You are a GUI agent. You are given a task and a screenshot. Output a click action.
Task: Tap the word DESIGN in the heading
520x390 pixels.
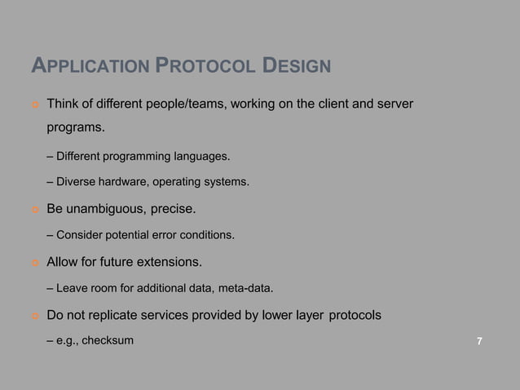pos(297,64)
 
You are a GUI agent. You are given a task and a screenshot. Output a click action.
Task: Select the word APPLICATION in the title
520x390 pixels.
pos(90,64)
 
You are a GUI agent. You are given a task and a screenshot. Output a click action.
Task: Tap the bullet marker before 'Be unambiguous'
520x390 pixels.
pos(35,210)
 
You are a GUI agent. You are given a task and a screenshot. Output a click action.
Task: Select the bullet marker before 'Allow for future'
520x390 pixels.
pos(35,263)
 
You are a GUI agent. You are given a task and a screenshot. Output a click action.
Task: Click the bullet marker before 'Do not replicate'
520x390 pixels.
pos(35,315)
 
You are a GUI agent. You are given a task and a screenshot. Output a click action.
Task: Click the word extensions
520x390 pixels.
pos(170,262)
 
